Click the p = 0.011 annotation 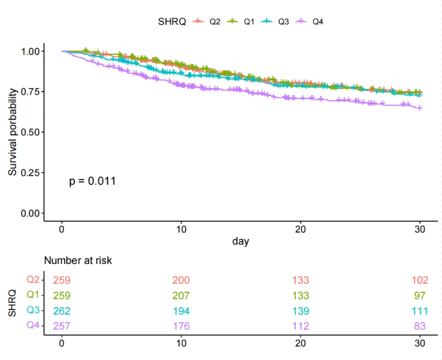pyautogui.click(x=92, y=181)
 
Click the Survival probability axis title pyautogui.click(x=13, y=132)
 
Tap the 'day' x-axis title pyautogui.click(x=241, y=241)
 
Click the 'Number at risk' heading pyautogui.click(x=78, y=261)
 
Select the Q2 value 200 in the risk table pyautogui.click(x=181, y=280)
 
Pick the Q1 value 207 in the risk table pyautogui.click(x=181, y=296)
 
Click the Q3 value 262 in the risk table pyautogui.click(x=62, y=311)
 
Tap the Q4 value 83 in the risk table pyautogui.click(x=420, y=326)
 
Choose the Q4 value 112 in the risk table pyautogui.click(x=300, y=326)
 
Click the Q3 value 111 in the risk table pyautogui.click(x=420, y=311)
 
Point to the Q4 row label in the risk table pyautogui.click(x=33, y=325)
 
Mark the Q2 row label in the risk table pyautogui.click(x=33, y=280)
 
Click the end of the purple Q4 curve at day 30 pyautogui.click(x=421, y=108)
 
